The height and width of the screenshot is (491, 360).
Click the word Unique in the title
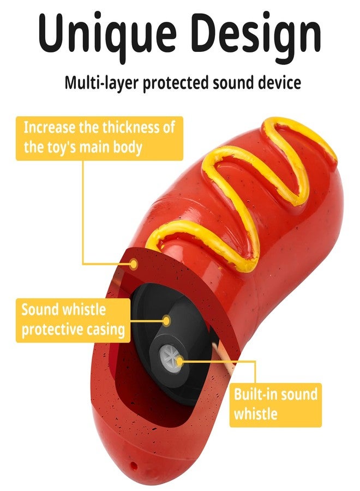[107, 33]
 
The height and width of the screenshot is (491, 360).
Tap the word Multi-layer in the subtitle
[101, 83]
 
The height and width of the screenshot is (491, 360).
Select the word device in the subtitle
[280, 83]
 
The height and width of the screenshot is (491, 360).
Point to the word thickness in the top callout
[130, 128]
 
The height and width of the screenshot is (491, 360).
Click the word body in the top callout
[128, 147]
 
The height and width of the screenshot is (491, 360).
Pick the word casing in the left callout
[105, 330]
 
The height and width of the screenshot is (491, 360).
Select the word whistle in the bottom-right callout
[255, 414]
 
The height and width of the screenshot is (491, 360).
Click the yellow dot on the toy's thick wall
[134, 264]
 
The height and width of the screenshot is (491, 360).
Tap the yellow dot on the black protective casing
[166, 321]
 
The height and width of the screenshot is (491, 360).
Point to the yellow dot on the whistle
[179, 362]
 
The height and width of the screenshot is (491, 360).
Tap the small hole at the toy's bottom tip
[133, 464]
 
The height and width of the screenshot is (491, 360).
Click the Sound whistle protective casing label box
[73, 320]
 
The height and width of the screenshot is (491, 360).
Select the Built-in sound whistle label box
[275, 405]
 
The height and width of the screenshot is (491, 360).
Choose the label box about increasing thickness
[99, 139]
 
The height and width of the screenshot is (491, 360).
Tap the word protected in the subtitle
[176, 83]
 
